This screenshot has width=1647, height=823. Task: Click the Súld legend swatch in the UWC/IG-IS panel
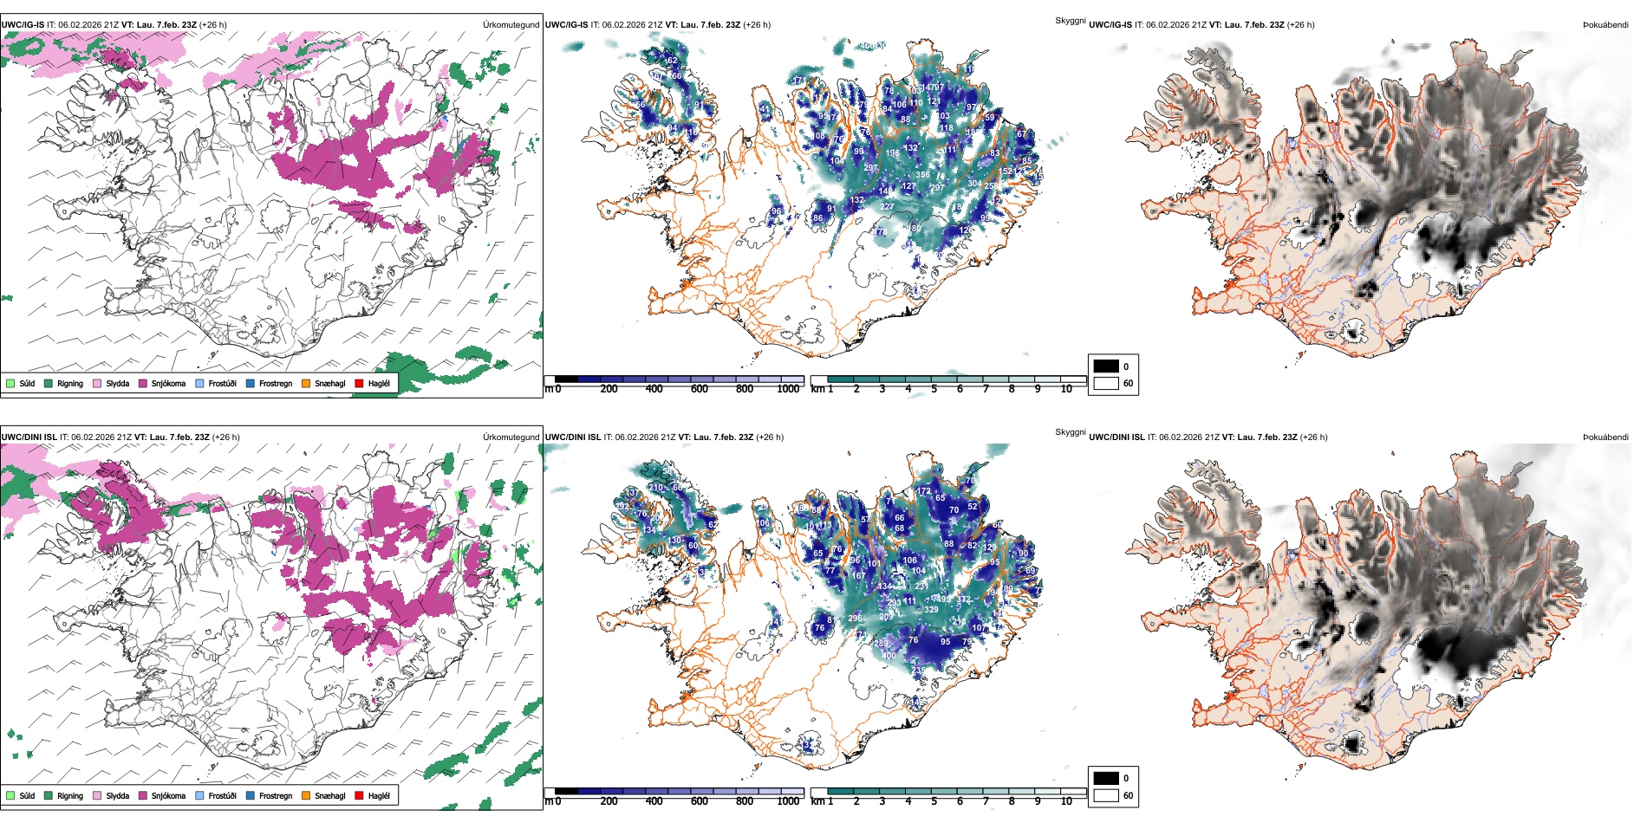click(x=10, y=383)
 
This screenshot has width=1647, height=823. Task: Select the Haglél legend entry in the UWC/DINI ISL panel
click(x=359, y=795)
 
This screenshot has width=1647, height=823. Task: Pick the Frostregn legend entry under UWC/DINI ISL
click(x=251, y=795)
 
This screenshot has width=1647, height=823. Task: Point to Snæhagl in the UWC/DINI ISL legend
click(x=306, y=795)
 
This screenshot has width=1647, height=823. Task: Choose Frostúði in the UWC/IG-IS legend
click(x=200, y=383)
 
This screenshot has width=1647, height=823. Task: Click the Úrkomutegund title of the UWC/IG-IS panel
click(x=511, y=25)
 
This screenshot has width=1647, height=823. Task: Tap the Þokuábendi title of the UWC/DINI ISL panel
click(x=1605, y=437)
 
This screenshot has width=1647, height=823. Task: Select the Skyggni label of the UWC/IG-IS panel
click(x=1070, y=21)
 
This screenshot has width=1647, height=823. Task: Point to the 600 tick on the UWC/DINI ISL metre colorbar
click(x=699, y=801)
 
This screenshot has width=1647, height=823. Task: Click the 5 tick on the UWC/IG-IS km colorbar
click(x=934, y=389)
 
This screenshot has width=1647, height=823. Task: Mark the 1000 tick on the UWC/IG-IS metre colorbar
click(x=788, y=389)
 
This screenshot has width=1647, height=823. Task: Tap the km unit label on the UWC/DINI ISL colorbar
click(x=817, y=801)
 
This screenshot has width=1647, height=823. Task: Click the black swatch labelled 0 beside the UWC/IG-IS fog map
click(x=1106, y=366)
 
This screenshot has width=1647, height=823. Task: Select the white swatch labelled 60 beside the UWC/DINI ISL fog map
click(x=1106, y=795)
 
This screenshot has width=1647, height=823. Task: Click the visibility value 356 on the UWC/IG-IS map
click(x=922, y=175)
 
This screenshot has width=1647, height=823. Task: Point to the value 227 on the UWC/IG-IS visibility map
click(x=887, y=207)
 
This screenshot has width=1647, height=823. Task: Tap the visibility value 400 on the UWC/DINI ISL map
click(x=889, y=656)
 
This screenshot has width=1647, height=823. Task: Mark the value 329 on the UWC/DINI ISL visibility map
click(x=931, y=610)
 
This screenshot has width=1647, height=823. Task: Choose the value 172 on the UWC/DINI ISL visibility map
click(x=924, y=491)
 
